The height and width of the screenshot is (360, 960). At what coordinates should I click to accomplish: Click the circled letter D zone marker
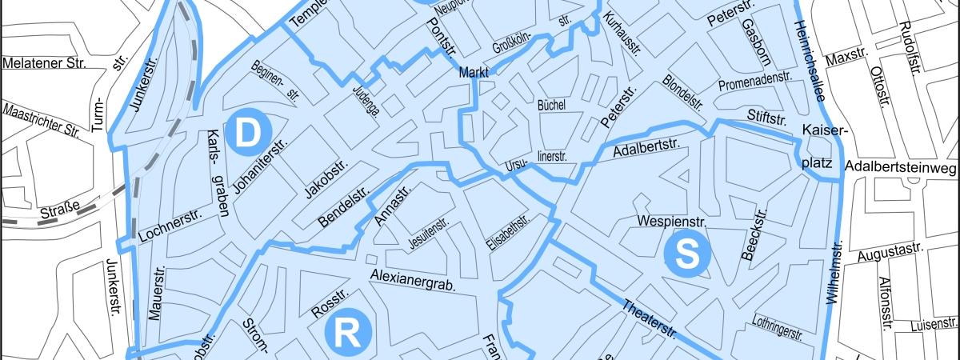point(248,132)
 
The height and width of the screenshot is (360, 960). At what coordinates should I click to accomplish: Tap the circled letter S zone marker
point(687,254)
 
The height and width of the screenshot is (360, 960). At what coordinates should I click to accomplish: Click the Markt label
point(474,74)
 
